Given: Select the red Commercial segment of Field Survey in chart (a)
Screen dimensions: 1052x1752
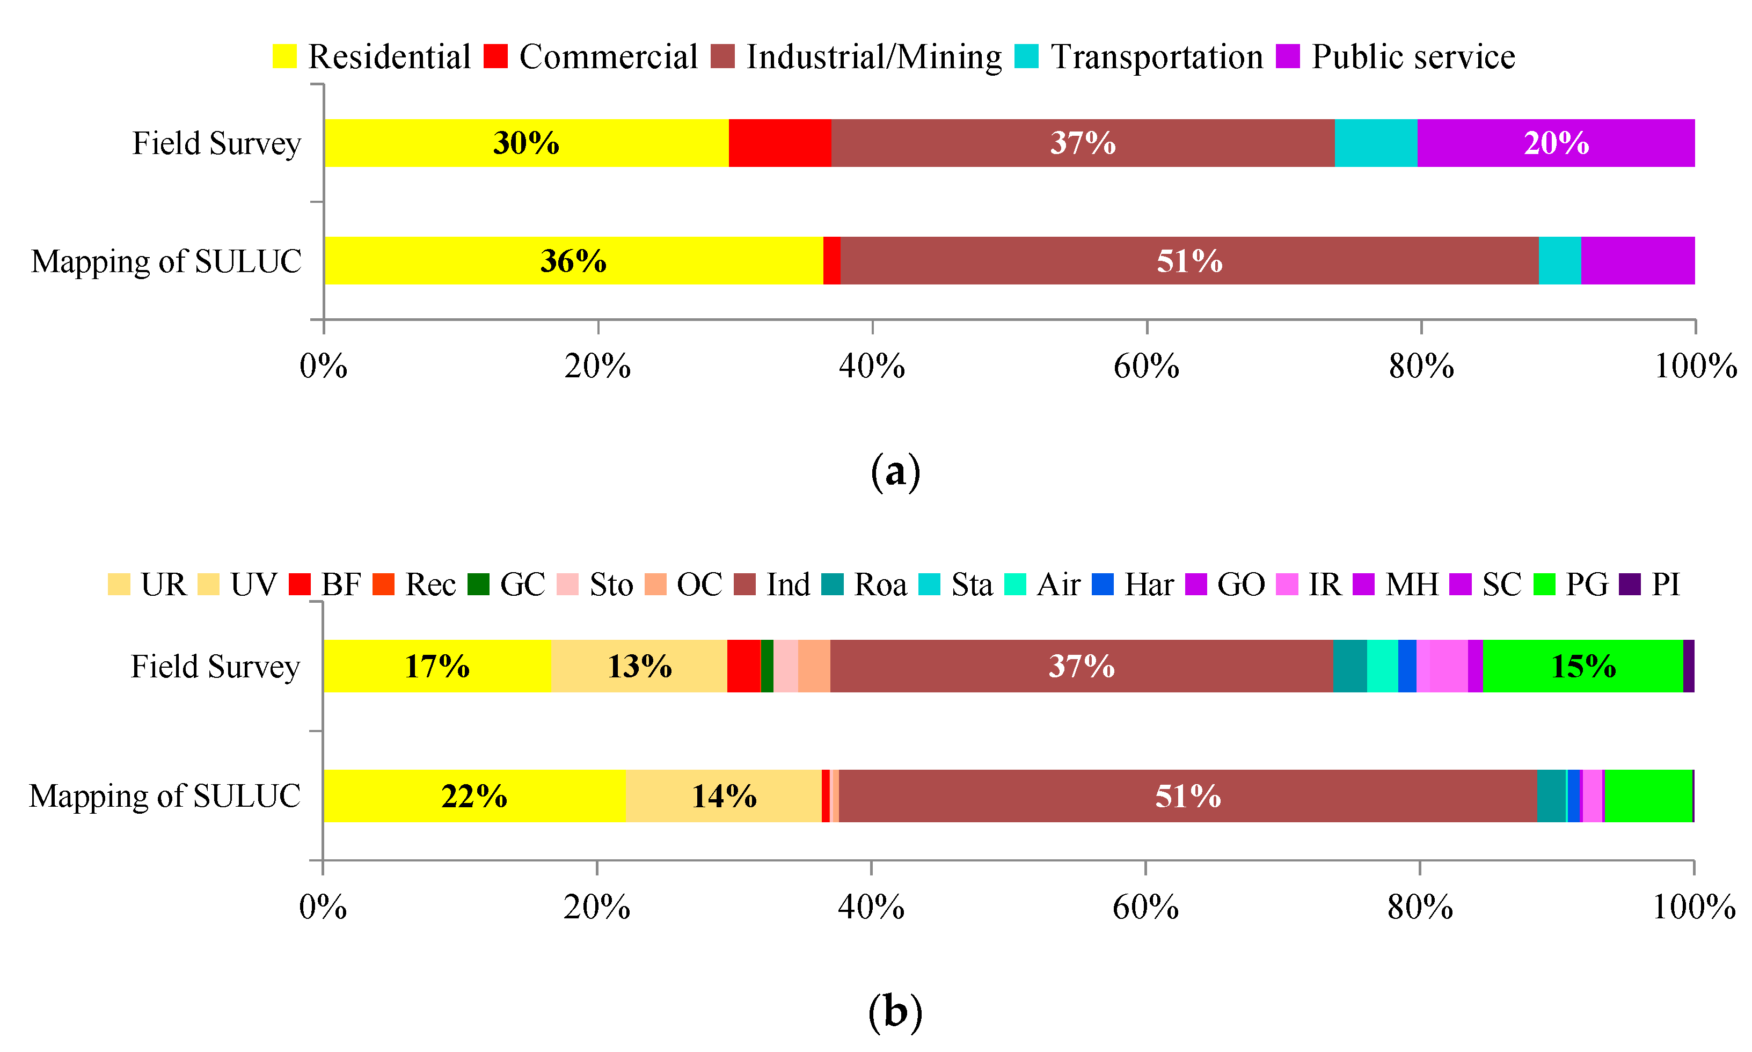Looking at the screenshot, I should tap(779, 143).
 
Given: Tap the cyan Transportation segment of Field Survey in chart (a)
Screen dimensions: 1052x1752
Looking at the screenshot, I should tap(1375, 143).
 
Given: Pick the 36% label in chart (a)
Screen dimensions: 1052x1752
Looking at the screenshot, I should tap(573, 261).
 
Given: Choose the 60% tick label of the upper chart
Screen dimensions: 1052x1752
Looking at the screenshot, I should tap(1146, 367).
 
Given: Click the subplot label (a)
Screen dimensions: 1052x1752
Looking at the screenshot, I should tap(895, 471).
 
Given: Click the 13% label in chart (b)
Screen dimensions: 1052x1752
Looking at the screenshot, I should tap(639, 667).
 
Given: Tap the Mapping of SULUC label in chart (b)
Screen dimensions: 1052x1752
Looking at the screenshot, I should tap(164, 796).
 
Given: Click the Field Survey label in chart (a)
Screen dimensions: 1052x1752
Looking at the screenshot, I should tap(216, 143).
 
